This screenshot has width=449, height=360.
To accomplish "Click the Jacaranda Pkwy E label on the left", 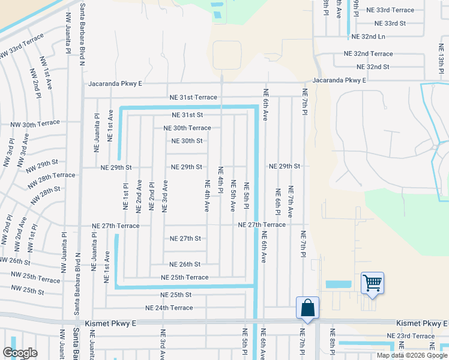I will click(115, 84).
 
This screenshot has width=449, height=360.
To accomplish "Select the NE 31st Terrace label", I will click(193, 97).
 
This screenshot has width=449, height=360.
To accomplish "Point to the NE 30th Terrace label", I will click(187, 128).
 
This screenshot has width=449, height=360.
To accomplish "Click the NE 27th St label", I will click(185, 238).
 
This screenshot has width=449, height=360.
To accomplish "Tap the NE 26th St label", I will click(185, 264).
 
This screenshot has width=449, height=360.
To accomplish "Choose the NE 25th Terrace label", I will click(184, 277).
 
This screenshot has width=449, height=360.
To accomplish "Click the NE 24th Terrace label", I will click(169, 308).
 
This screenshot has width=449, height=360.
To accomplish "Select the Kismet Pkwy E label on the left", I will click(111, 323).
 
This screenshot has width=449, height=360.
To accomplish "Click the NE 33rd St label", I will click(390, 23).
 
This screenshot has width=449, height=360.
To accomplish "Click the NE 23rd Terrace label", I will click(411, 336).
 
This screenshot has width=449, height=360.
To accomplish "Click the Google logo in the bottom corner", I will click(20, 353).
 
